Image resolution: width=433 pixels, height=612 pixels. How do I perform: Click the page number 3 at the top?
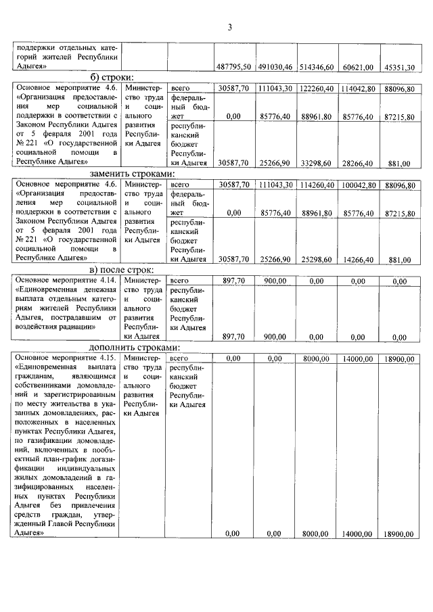(x=229, y=28)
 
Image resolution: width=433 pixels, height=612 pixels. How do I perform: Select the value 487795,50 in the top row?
(x=234, y=67)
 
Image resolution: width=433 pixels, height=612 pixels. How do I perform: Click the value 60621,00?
(x=359, y=67)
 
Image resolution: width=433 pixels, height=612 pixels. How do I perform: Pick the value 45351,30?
(x=399, y=67)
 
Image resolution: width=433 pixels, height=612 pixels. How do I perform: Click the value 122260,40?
(x=317, y=89)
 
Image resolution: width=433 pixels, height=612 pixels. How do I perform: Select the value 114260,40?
(x=317, y=185)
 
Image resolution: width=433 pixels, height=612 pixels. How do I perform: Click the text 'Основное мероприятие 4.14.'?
(x=66, y=281)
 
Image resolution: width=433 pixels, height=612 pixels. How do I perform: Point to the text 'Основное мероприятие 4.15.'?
(x=66, y=358)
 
